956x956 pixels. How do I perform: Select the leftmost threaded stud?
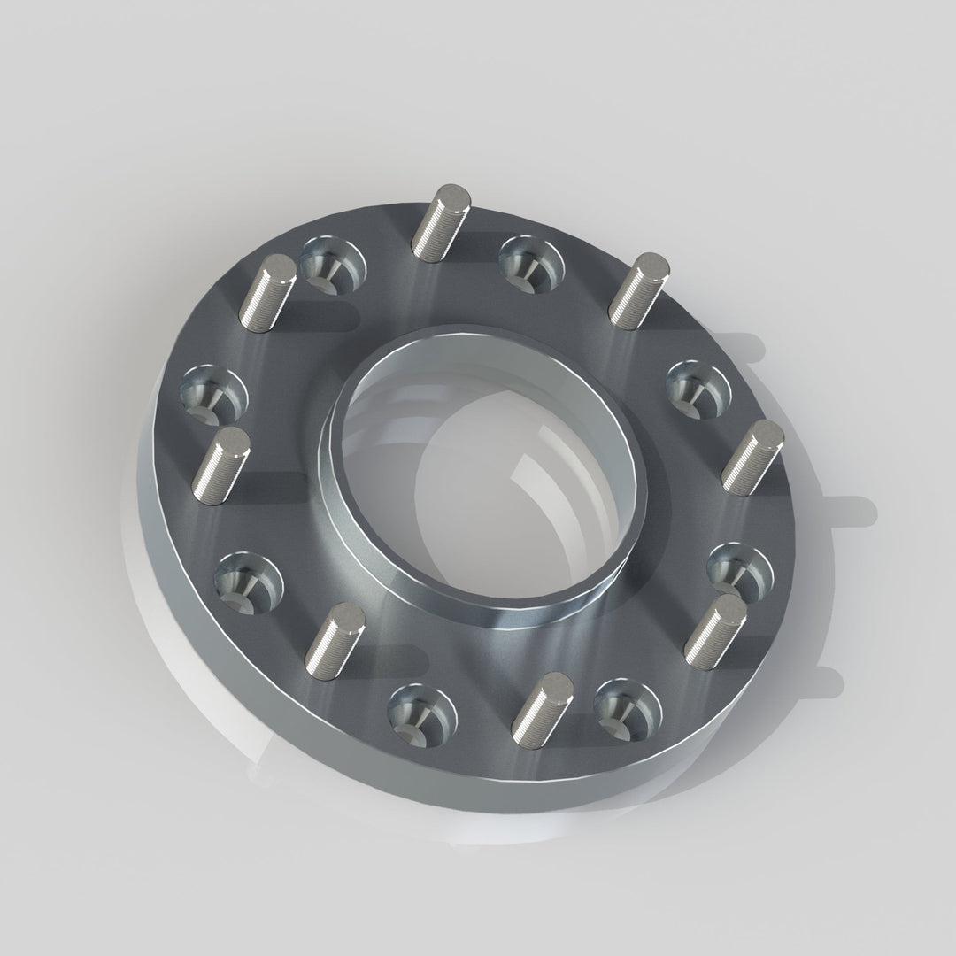click(x=220, y=466)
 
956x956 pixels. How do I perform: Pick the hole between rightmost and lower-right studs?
click(x=740, y=567)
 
